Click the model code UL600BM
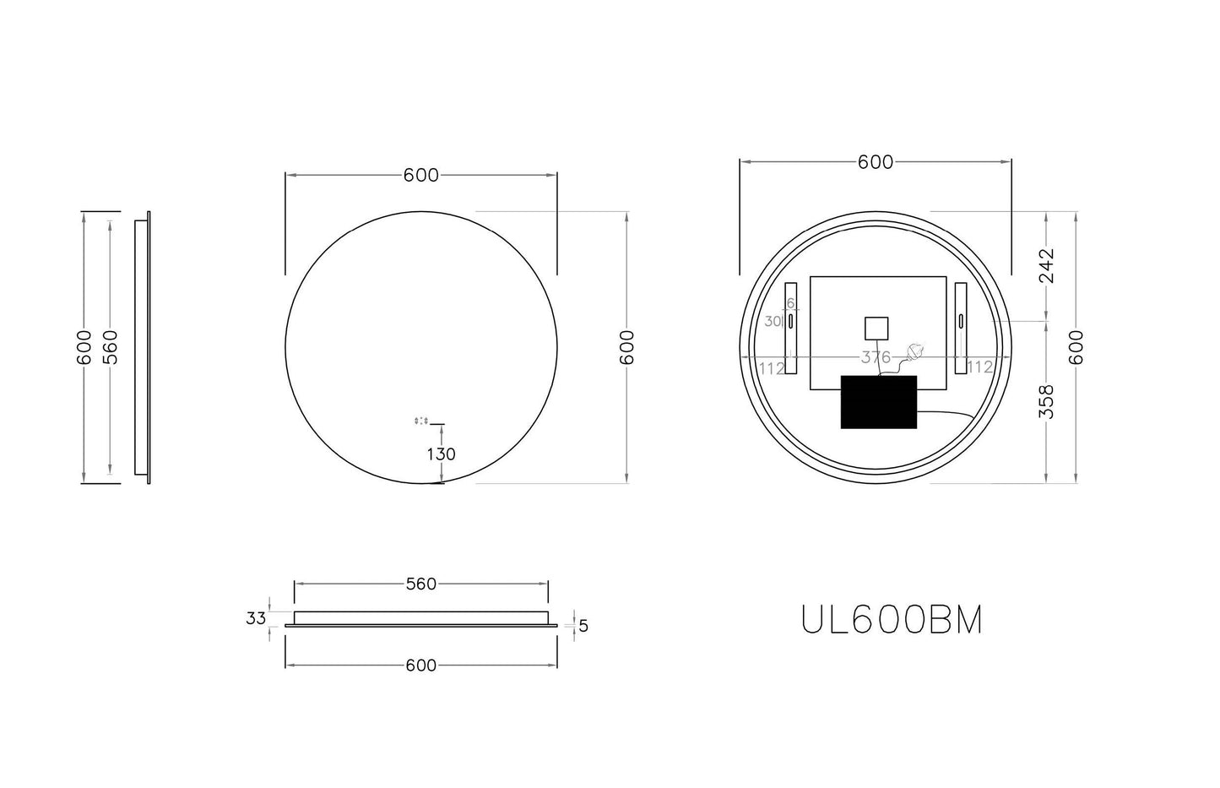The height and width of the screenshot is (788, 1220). (x=892, y=621)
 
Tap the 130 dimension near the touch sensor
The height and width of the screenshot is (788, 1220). (x=441, y=454)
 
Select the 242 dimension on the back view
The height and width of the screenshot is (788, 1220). (x=1046, y=265)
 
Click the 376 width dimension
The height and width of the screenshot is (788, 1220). (x=876, y=357)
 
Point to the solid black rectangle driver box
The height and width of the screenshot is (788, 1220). (x=879, y=402)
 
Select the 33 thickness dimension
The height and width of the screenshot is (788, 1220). (x=256, y=618)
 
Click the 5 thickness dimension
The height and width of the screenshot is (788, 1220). (x=583, y=626)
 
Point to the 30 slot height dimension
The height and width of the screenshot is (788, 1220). (x=773, y=321)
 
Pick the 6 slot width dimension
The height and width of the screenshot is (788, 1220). (x=791, y=303)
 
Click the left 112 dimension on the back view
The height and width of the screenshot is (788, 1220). (x=772, y=367)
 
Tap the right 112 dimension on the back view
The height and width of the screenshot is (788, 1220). (x=979, y=367)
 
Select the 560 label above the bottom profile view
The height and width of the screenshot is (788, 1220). (x=420, y=584)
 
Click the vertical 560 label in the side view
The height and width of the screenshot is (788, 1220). (x=111, y=347)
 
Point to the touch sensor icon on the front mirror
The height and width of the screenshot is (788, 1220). (x=421, y=420)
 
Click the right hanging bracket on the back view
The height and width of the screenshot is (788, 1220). (x=961, y=328)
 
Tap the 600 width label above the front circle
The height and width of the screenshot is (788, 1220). (x=420, y=175)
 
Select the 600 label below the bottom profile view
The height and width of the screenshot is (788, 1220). (x=420, y=666)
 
